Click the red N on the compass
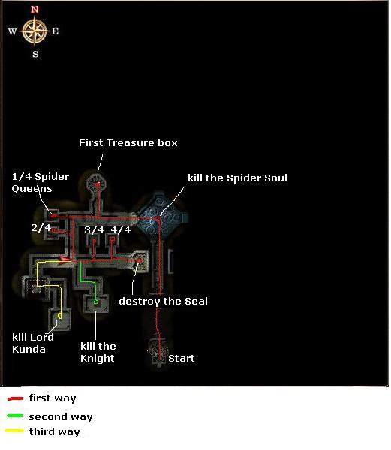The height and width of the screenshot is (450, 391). pyautogui.click(x=35, y=10)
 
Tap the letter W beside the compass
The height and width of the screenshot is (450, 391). pyautogui.click(x=12, y=31)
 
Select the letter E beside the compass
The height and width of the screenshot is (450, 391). pyautogui.click(x=55, y=31)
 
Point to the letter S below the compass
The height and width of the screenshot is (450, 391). pyautogui.click(x=35, y=54)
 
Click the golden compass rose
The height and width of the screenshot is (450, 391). pyautogui.click(x=35, y=31)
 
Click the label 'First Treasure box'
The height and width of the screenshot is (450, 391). pyautogui.click(x=128, y=143)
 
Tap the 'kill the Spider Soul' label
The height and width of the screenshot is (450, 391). pyautogui.click(x=237, y=178)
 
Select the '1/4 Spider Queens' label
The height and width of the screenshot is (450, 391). pyautogui.click(x=41, y=182)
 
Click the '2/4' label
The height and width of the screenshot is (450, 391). pyautogui.click(x=41, y=227)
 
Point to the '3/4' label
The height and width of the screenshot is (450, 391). pyautogui.click(x=94, y=229)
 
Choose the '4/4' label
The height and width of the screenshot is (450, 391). pyautogui.click(x=121, y=229)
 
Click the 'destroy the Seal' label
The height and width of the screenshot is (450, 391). pyautogui.click(x=163, y=301)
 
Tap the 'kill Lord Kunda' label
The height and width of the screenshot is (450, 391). pyautogui.click(x=33, y=343)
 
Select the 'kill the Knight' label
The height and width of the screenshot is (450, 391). pyautogui.click(x=98, y=352)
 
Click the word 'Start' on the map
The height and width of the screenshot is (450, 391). pyautogui.click(x=181, y=358)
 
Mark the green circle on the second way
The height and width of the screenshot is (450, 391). pyautogui.click(x=96, y=301)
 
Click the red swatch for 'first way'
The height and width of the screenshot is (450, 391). pyautogui.click(x=15, y=398)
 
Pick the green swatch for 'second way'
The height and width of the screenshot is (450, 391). pyautogui.click(x=15, y=415)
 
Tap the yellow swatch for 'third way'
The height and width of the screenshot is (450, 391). pyautogui.click(x=14, y=430)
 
